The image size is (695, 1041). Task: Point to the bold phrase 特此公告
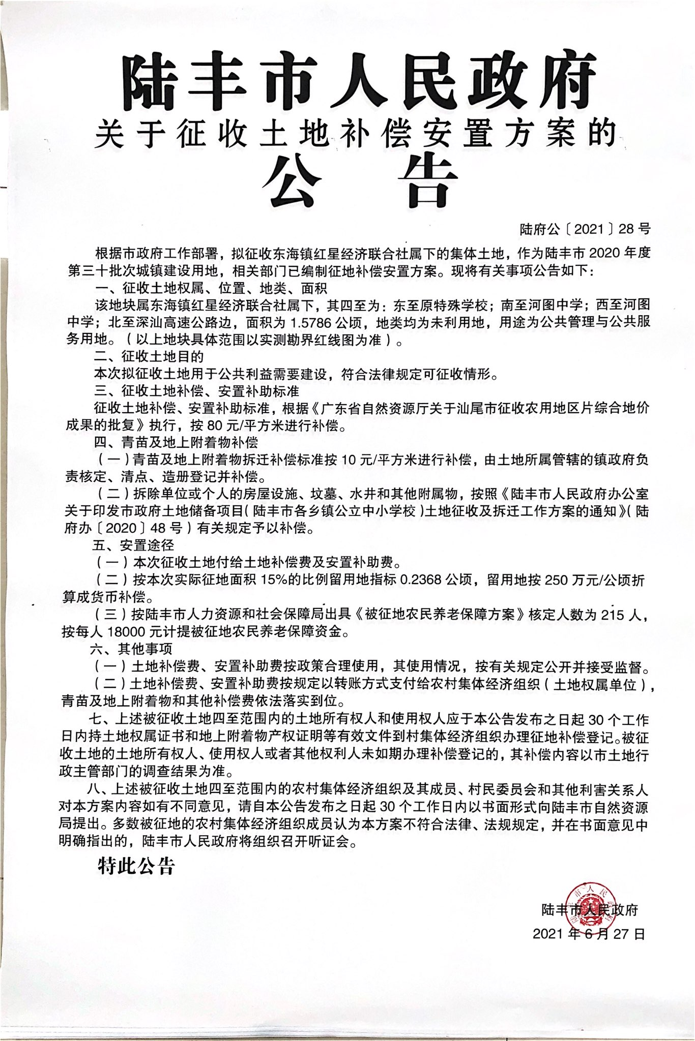click(136, 867)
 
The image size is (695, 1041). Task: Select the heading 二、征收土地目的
click(149, 357)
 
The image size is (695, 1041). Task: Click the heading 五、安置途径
click(133, 545)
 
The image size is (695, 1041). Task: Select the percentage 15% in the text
click(274, 580)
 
